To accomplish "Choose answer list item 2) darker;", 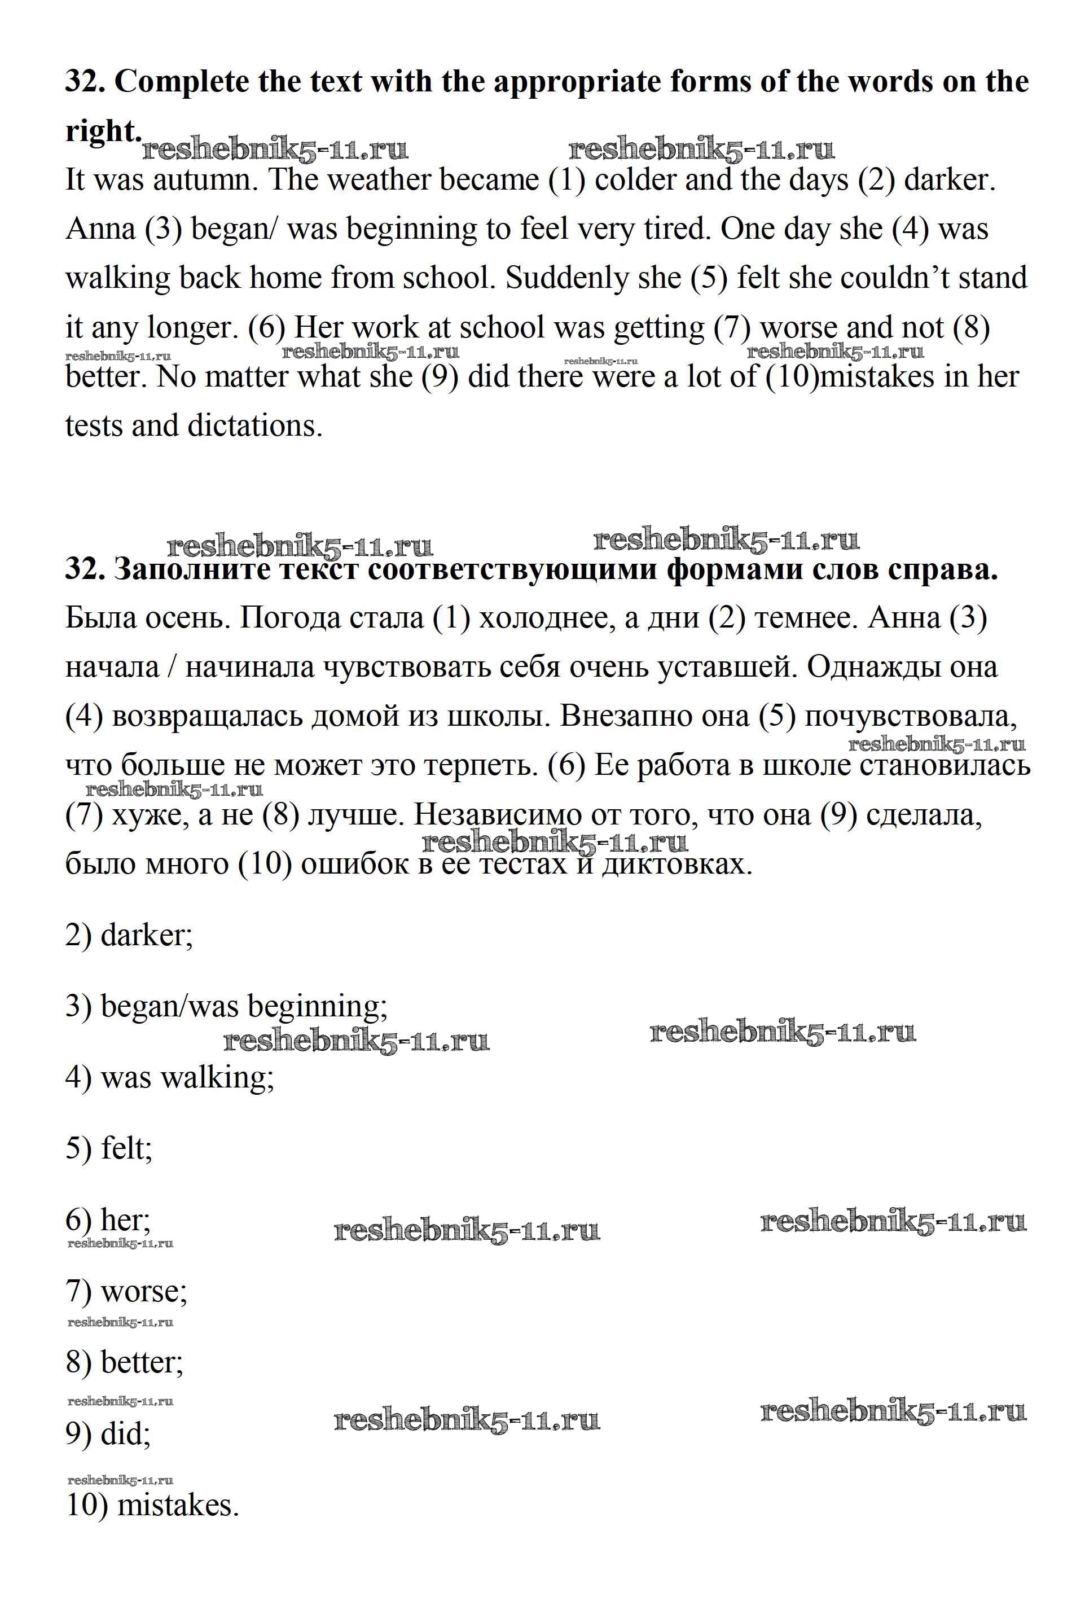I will tap(129, 936).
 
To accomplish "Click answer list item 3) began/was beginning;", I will tap(226, 1006).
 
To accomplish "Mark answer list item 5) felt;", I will tap(109, 1149).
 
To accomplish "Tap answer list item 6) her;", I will tap(108, 1220).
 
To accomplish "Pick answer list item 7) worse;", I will tap(126, 1292).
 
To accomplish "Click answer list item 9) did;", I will tap(108, 1433).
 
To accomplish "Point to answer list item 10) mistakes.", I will tap(152, 1506).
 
